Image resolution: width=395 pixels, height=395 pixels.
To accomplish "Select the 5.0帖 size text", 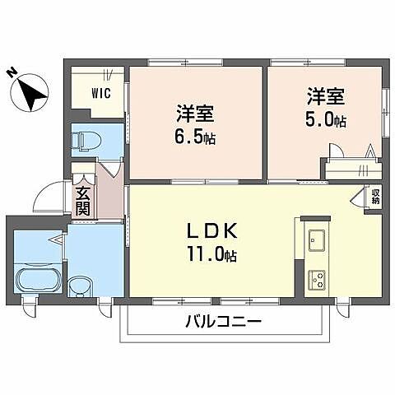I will (328, 121).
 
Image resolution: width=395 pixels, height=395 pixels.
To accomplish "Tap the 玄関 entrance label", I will (83, 201).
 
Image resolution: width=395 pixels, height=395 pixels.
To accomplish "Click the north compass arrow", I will (33, 92).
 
